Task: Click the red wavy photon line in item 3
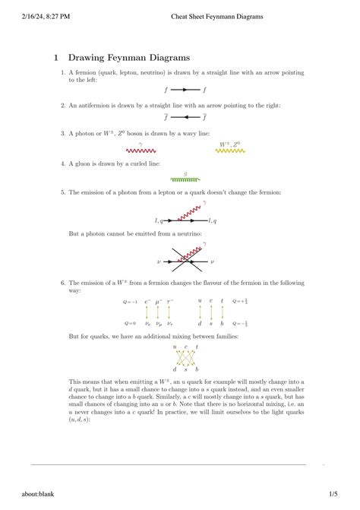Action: (x=141, y=150)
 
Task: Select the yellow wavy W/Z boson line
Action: (x=229, y=150)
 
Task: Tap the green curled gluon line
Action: (x=185, y=179)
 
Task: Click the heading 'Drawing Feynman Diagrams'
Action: (x=129, y=58)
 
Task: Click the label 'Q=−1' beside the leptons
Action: (x=130, y=302)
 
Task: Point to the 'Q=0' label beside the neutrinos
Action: (x=130, y=323)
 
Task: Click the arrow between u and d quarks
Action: (x=200, y=312)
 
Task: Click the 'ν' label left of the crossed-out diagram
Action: (x=159, y=262)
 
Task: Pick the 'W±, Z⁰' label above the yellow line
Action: (x=229, y=143)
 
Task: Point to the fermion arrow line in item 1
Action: (x=185, y=90)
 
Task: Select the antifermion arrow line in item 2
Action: (x=185, y=118)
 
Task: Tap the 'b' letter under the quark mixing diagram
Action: (x=197, y=369)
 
